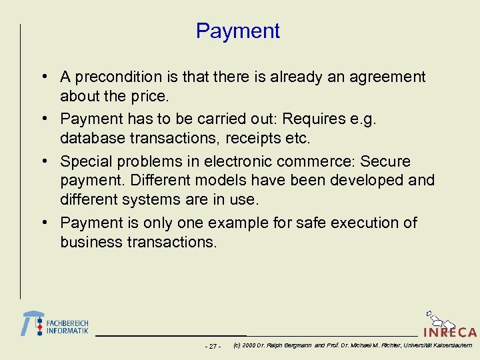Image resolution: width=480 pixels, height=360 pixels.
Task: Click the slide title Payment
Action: tap(238, 31)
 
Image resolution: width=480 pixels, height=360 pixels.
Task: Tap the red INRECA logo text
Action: tap(450, 332)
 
